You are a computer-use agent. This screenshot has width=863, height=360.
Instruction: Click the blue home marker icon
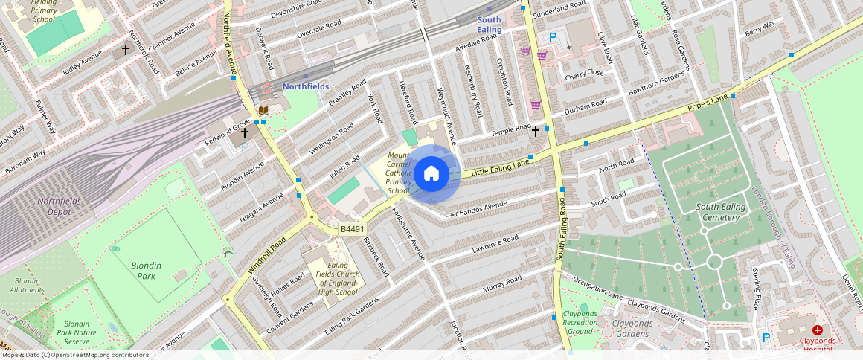click(x=431, y=174)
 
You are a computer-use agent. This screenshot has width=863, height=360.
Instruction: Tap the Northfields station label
click(x=305, y=86)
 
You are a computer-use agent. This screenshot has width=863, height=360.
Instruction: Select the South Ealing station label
click(x=490, y=25)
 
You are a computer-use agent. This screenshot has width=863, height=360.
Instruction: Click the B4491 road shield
click(x=353, y=229)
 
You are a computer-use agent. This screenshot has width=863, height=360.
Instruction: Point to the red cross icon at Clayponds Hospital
click(x=817, y=330)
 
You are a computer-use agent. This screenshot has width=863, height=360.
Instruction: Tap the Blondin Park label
click(x=146, y=270)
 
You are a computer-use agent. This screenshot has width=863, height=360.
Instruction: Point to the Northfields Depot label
click(x=64, y=206)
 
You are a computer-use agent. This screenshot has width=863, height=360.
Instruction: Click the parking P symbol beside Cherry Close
click(x=552, y=36)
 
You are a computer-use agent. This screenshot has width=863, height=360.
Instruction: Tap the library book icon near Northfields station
click(x=263, y=111)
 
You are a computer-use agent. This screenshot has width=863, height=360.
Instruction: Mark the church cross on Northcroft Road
click(x=125, y=50)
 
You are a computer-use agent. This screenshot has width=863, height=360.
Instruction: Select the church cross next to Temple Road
click(x=535, y=131)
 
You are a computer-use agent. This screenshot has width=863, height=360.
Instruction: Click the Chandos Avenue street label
click(x=481, y=208)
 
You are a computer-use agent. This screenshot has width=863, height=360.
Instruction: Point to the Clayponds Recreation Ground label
click(x=580, y=323)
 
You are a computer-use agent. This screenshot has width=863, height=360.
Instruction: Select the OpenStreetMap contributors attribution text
click(x=74, y=355)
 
